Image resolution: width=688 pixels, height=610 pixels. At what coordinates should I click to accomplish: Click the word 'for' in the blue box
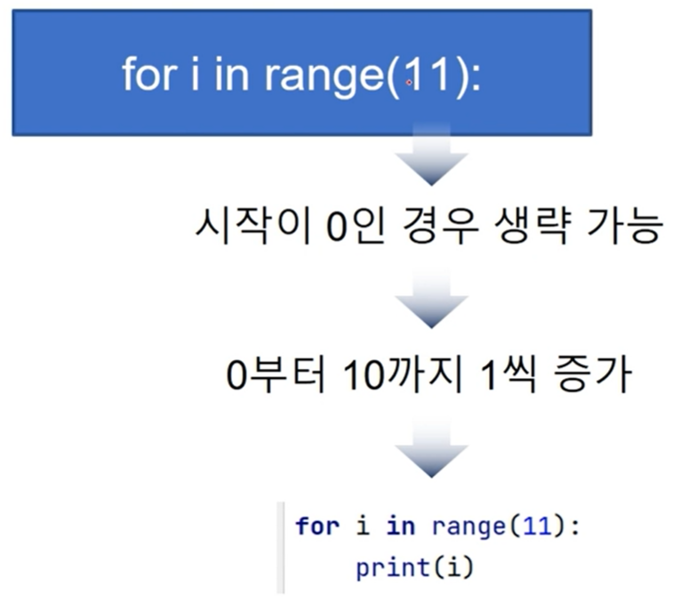pos(149,74)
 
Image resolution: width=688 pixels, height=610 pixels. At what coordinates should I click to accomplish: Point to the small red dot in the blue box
pos(409,82)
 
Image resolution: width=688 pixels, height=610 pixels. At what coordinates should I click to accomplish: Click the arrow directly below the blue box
pos(431,154)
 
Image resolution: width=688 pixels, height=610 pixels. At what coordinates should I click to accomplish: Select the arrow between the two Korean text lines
pos(431,299)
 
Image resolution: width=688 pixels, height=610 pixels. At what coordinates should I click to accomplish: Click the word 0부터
pos(276,374)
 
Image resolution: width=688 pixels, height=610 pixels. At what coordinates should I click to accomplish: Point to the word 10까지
pos(403,374)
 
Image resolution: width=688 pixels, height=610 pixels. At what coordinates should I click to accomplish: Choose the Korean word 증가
pos(592,374)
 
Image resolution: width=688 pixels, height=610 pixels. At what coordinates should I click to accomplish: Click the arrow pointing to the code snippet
pos(431,447)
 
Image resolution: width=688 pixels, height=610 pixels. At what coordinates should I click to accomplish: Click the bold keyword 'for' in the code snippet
pos(317,526)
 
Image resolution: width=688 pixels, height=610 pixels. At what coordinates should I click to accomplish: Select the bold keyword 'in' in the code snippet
pos(401,526)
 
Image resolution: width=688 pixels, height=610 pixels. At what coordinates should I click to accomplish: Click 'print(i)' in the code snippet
pos(415,567)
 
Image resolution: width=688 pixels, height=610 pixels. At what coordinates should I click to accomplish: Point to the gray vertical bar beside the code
pos(281,548)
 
